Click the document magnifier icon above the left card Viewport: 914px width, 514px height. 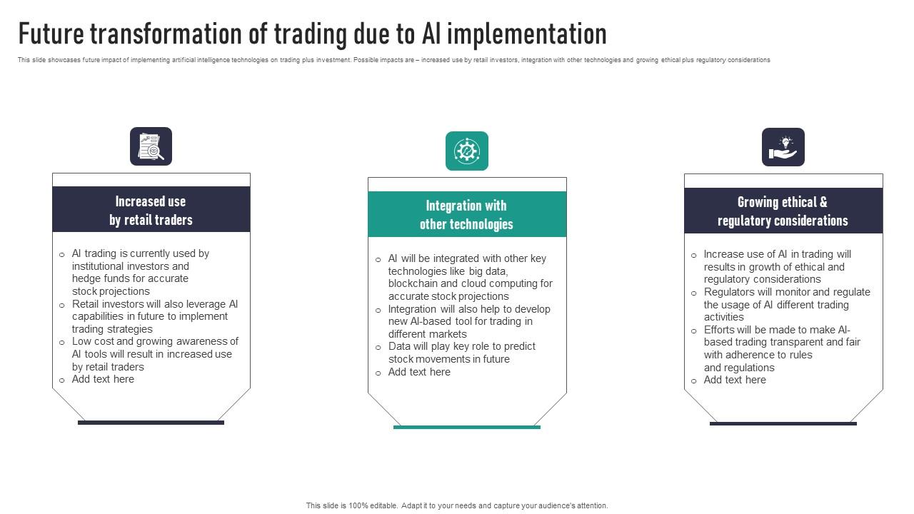(151, 146)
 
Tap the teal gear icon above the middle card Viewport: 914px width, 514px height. (467, 151)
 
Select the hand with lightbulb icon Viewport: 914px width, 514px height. (783, 147)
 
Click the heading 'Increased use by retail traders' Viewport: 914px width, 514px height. (151, 211)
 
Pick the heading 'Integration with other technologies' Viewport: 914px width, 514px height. (466, 215)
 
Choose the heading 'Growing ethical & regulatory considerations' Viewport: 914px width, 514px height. (783, 211)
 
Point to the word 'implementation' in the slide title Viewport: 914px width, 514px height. (529, 34)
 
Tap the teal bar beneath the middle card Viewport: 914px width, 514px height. (467, 427)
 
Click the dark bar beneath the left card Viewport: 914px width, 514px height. (151, 423)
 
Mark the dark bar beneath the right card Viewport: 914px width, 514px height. (783, 423)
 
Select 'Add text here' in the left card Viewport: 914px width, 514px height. (103, 379)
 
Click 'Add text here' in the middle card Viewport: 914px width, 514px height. (419, 372)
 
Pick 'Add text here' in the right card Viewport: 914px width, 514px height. (735, 380)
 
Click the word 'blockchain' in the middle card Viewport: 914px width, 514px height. (413, 283)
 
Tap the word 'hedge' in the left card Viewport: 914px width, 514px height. (85, 278)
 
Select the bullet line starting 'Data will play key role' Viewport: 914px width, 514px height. (461, 346)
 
